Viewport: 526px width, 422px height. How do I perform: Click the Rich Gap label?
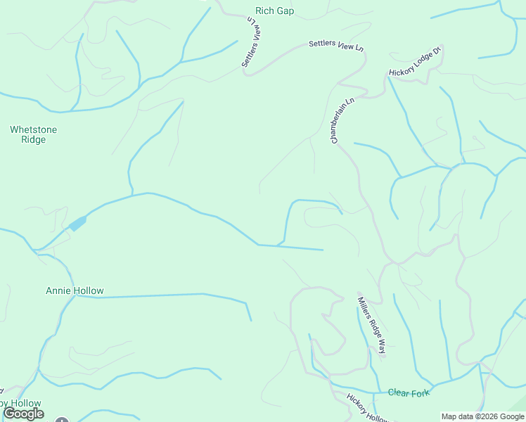[x=274, y=11]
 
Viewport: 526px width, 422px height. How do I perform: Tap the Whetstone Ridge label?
[x=33, y=134]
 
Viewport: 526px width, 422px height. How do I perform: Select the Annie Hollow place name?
[x=75, y=290]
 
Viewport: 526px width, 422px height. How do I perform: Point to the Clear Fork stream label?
[x=409, y=392]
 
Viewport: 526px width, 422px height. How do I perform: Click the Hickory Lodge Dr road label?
[x=416, y=61]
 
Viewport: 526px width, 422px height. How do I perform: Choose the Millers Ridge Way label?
[x=371, y=324]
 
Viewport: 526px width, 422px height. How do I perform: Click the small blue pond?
[x=77, y=224]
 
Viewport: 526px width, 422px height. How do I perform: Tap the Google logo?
[x=23, y=414]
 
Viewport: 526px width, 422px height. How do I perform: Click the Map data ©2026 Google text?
[x=482, y=416]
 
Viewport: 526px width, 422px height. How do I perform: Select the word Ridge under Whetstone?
[x=33, y=140]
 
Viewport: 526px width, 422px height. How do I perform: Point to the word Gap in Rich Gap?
[x=285, y=11]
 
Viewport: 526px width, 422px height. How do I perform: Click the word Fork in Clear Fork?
[x=419, y=392]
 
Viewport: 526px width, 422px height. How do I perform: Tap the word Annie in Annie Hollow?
[x=58, y=290]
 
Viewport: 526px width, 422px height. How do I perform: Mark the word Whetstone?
[x=33, y=129]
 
